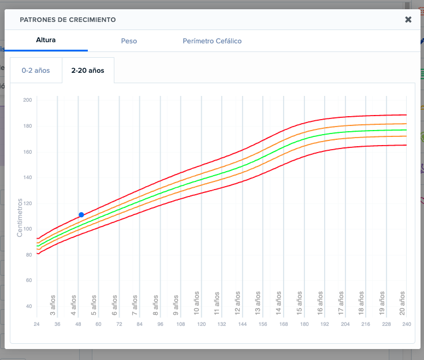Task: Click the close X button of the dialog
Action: (408, 20)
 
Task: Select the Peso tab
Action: (129, 41)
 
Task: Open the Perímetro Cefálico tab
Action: (212, 41)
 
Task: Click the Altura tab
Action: (46, 41)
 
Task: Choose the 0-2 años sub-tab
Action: (36, 70)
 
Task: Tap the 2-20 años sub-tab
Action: (88, 70)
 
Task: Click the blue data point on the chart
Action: (81, 215)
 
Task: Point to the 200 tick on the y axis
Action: (27, 100)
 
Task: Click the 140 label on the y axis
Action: (27, 177)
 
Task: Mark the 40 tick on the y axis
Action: (28, 306)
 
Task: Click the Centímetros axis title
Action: (20, 217)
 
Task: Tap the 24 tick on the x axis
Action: (36, 324)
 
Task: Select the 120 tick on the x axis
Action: (201, 324)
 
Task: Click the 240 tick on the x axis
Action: (407, 324)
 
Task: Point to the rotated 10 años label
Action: (197, 302)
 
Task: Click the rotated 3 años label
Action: (53, 304)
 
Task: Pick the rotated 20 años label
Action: (403, 302)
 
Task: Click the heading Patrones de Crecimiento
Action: (68, 20)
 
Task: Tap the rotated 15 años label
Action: (300, 302)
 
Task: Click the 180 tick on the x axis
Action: (304, 324)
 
